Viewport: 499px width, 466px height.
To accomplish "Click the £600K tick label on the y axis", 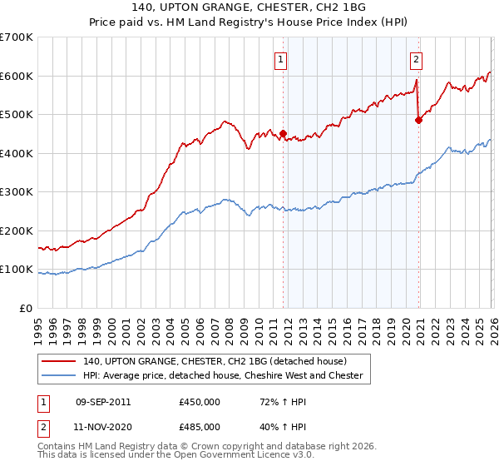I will [16, 76].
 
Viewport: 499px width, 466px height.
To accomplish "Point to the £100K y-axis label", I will [16, 270].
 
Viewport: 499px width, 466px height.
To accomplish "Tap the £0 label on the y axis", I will [25, 309].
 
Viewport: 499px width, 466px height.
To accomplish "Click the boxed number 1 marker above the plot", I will [282, 59].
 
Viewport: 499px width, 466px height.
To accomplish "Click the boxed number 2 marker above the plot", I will [415, 59].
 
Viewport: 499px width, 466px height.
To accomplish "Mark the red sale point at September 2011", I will [283, 133].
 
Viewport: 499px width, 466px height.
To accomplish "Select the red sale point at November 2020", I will [418, 120].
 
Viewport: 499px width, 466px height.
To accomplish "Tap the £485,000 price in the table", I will [200, 425].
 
